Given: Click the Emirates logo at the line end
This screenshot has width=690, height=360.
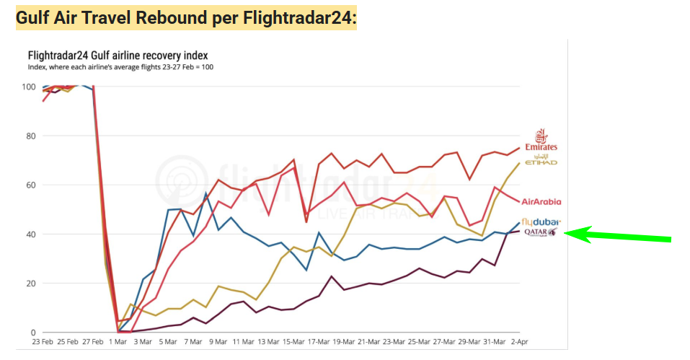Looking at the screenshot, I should pos(541,140).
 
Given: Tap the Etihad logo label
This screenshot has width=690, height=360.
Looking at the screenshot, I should pos(541,160).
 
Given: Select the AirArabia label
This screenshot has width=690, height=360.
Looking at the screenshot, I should pos(541,202).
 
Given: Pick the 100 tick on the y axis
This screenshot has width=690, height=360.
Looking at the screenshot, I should pos(28,87).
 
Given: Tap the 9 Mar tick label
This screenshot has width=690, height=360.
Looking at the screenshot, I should pos(219,341).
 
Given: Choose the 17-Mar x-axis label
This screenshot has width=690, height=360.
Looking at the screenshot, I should pos(319,341).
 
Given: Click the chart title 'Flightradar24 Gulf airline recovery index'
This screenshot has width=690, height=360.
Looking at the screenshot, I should pos(118,55).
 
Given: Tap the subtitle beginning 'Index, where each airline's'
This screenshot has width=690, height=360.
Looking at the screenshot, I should pos(120,67).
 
